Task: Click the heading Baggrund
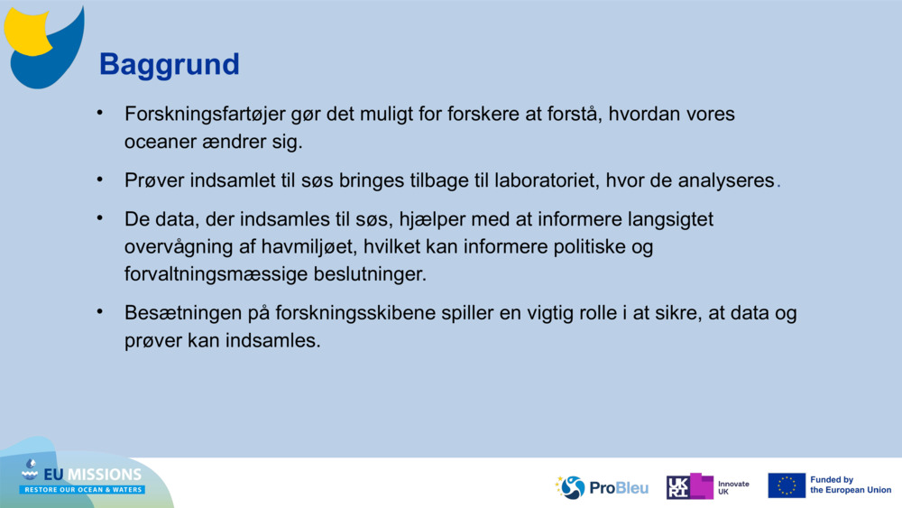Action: (x=169, y=65)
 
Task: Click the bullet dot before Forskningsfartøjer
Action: (x=101, y=114)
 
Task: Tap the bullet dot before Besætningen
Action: (x=101, y=311)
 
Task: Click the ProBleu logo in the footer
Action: (x=602, y=487)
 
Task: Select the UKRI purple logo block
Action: (x=690, y=486)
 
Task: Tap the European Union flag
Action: (x=787, y=485)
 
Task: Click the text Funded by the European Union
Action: (x=850, y=485)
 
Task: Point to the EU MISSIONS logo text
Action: (x=90, y=475)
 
